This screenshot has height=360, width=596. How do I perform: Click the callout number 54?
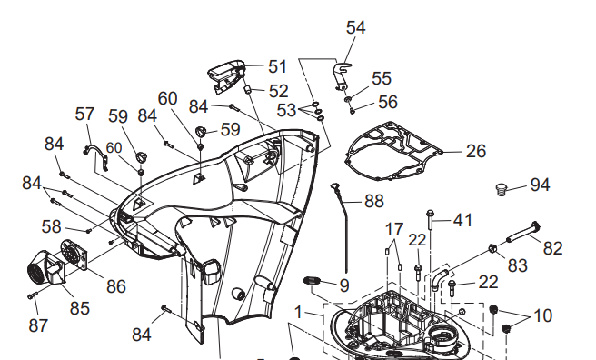pos(356,27)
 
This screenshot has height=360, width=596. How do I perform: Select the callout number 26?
pos(476,151)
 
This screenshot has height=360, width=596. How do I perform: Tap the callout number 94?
pos(540,185)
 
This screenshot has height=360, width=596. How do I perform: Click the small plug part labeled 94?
pos(499,189)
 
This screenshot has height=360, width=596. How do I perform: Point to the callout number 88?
pos(373,201)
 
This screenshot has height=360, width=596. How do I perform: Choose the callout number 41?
pos(463,220)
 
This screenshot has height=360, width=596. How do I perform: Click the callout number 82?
pos(553,247)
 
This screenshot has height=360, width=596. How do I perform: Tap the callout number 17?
pos(393,227)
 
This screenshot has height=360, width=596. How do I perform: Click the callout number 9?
pos(343,285)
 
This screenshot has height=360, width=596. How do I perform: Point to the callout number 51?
pos(276,66)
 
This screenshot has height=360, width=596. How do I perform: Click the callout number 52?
pos(278,91)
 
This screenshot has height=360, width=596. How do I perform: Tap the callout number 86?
pos(115,286)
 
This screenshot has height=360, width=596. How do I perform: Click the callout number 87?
pos(38,325)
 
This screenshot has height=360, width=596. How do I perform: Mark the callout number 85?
pos(80,308)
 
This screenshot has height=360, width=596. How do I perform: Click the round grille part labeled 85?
pos(41,269)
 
